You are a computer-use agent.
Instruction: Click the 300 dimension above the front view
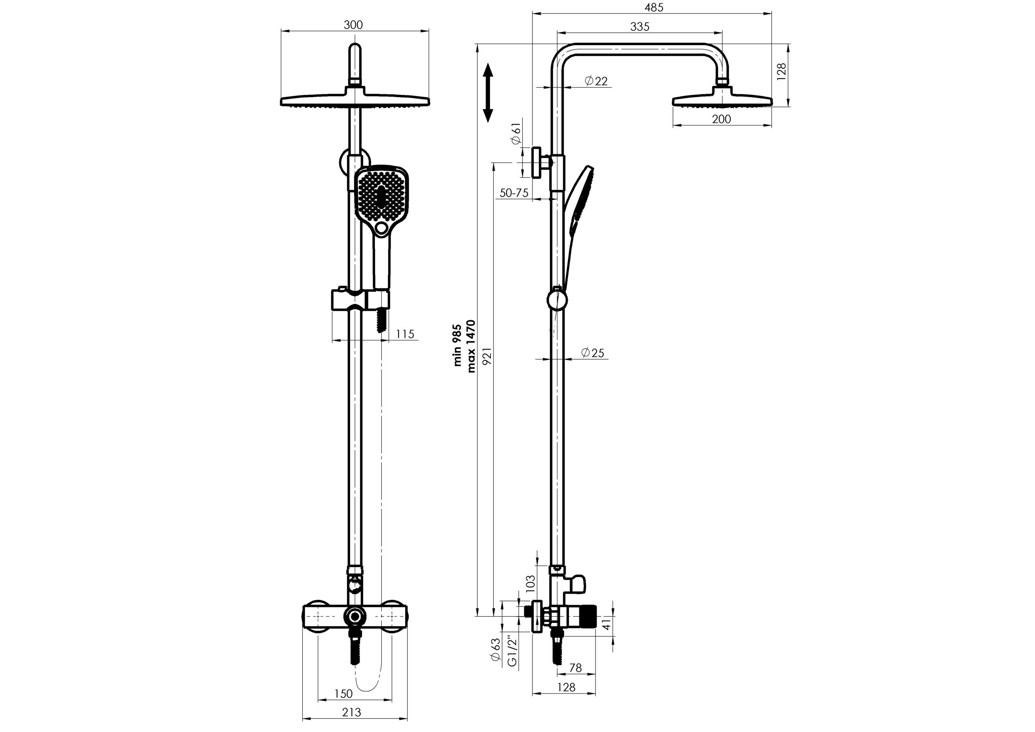pos(353,25)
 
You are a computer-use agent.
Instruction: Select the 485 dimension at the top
pos(654,7)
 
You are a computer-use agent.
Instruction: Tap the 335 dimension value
pos(640,27)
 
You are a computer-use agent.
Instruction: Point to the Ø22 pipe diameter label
pos(596,81)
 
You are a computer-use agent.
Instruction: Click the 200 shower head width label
pos(721,119)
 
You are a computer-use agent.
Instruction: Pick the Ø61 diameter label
pos(516,133)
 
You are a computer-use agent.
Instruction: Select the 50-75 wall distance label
pos(514,193)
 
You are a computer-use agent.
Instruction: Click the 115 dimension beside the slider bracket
pos(405,334)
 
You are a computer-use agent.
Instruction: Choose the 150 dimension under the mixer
pos(344,693)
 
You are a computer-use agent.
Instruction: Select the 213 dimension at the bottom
pos(352,712)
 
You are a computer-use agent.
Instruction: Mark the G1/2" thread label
pos(512,651)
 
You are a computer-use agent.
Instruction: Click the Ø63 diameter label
pos(495,650)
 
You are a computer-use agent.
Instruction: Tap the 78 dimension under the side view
pos(576,668)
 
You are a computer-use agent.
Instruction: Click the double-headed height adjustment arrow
pos(488,93)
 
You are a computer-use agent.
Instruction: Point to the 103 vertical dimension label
pos(530,584)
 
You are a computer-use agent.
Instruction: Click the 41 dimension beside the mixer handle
pos(607,624)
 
